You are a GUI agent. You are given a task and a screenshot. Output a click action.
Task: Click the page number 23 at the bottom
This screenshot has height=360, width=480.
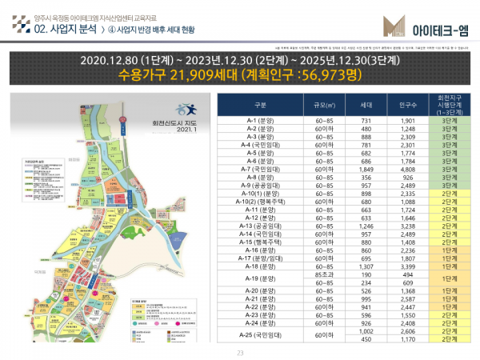[239, 353]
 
